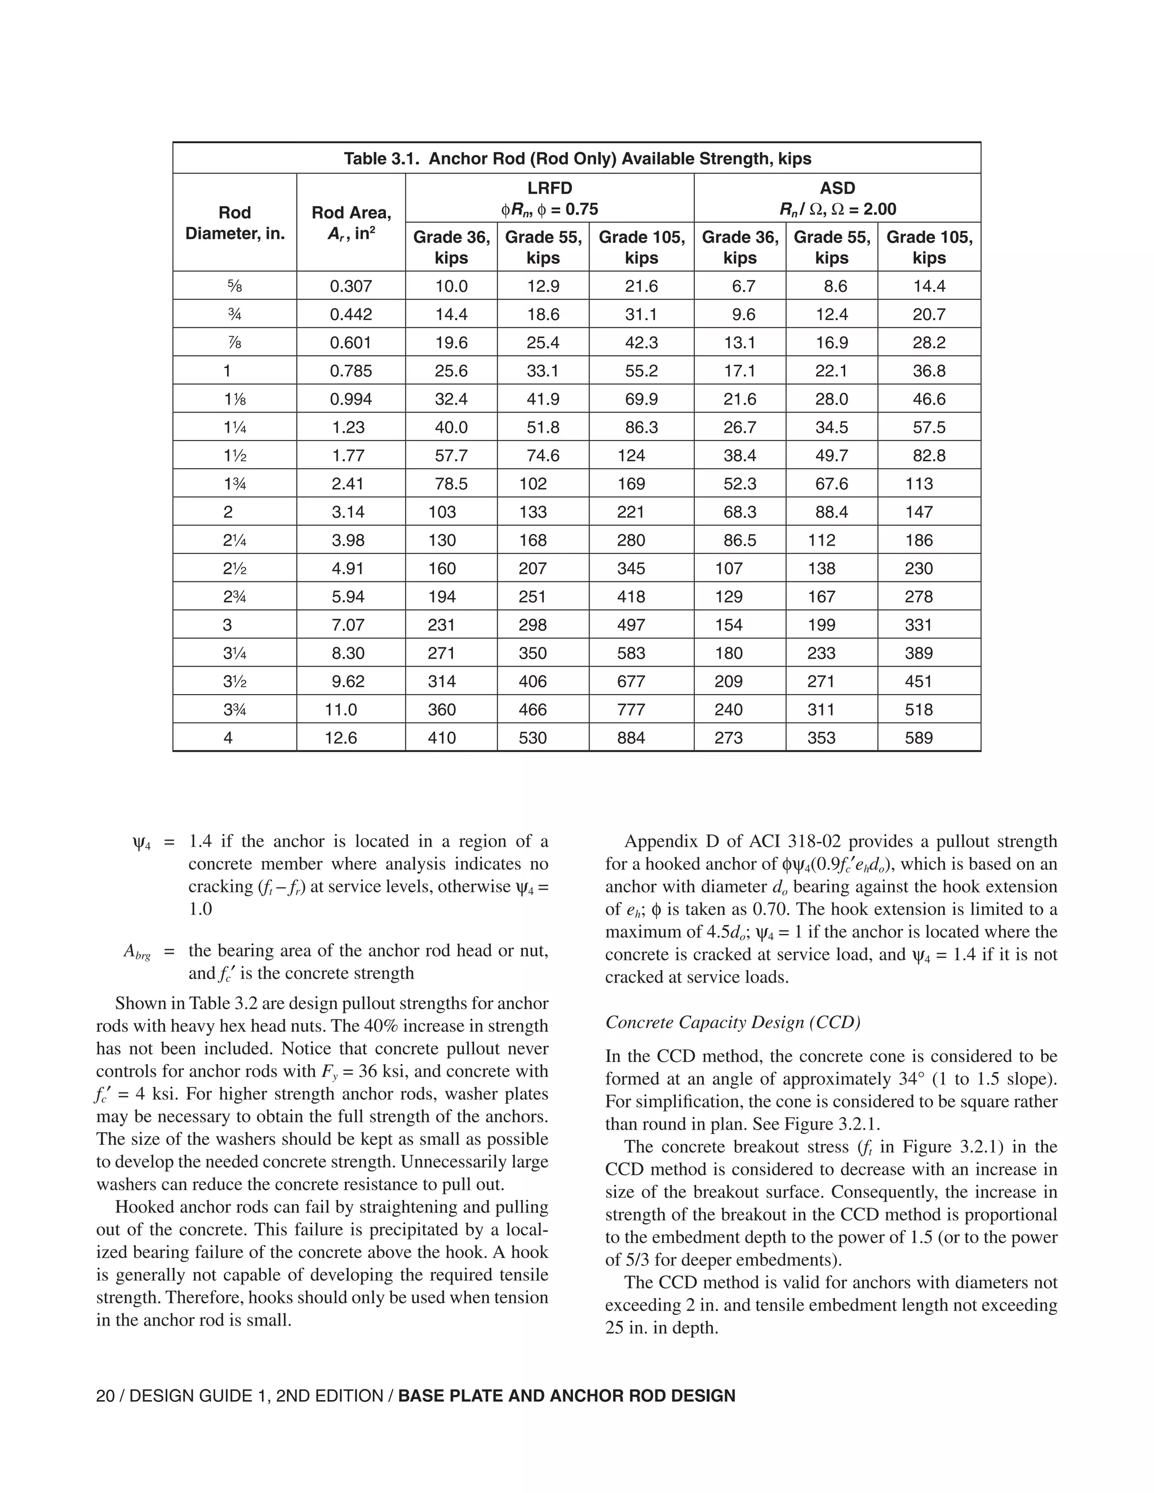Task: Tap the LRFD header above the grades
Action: click(x=549, y=188)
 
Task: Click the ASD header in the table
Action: click(x=837, y=188)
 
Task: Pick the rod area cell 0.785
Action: click(x=350, y=371)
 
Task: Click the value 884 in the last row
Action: click(x=631, y=737)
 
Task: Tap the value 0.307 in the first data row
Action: click(x=350, y=286)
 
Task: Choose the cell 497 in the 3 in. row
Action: click(x=631, y=625)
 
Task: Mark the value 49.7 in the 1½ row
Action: click(x=831, y=455)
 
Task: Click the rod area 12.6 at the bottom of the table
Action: click(x=340, y=737)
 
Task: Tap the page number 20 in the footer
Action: click(x=105, y=1396)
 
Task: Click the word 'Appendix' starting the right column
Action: click(x=656, y=842)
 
